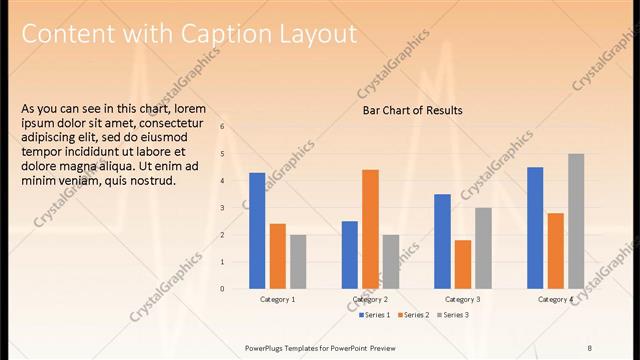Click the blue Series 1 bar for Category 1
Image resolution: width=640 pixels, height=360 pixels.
click(257, 231)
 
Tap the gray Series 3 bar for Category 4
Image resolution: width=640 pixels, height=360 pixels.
click(576, 221)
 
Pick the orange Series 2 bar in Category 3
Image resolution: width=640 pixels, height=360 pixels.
click(462, 264)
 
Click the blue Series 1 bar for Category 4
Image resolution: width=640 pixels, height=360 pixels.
click(535, 228)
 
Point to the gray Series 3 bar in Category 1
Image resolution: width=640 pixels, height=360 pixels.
click(298, 262)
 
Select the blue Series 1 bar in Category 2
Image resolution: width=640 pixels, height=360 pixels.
click(350, 255)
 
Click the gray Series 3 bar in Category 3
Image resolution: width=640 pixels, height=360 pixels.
click(483, 248)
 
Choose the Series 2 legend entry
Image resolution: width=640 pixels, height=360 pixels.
click(414, 315)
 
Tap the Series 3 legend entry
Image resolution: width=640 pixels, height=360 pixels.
click(454, 315)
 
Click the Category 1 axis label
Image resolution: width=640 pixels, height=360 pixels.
click(277, 300)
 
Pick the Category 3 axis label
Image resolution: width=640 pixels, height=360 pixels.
click(462, 300)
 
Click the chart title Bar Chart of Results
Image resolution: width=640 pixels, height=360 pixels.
click(412, 110)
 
